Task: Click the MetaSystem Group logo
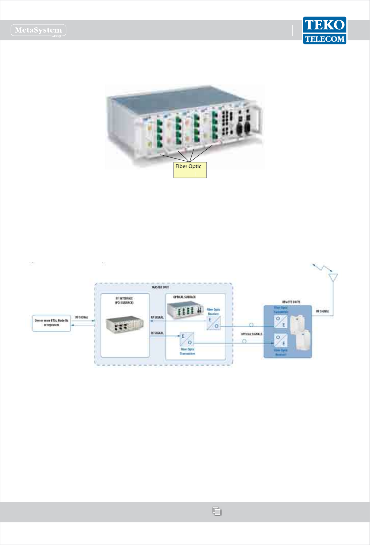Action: click(39, 30)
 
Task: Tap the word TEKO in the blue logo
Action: click(324, 25)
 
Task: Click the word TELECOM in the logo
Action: click(325, 39)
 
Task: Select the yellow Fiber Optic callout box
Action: click(190, 170)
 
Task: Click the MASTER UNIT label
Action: click(160, 287)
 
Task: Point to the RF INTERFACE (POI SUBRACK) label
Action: click(124, 300)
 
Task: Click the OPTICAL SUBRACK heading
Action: click(184, 297)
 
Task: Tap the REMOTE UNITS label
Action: click(291, 302)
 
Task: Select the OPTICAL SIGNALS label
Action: click(252, 334)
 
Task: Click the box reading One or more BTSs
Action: click(52, 323)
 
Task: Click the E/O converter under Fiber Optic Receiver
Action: click(213, 323)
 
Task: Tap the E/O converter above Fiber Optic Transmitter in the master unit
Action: click(187, 339)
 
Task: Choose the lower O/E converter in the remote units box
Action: click(281, 340)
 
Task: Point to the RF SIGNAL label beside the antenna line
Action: click(322, 311)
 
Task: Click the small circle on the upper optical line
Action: click(251, 325)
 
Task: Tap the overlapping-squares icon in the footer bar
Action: click(217, 511)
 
